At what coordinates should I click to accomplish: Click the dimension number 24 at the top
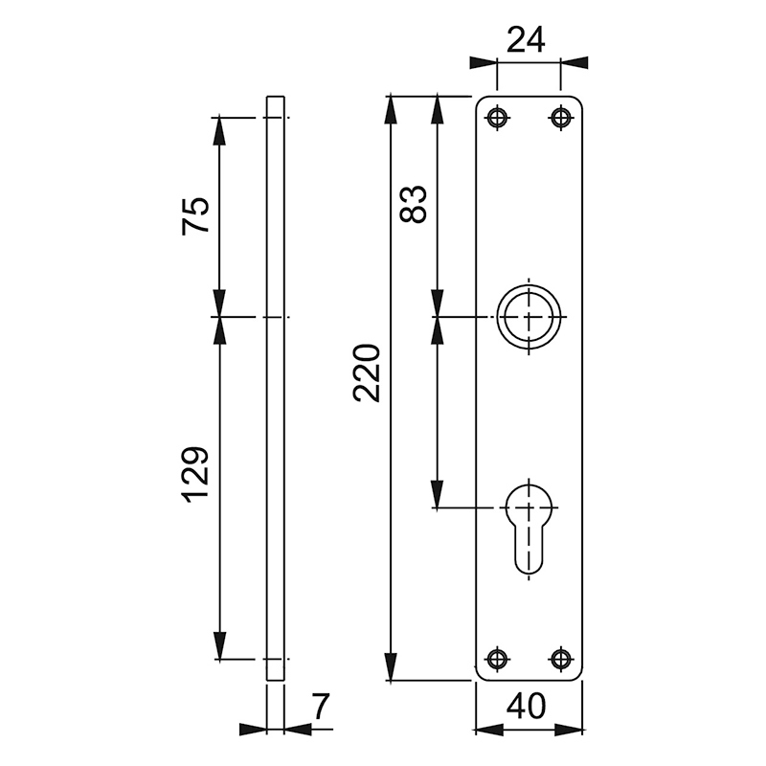point(525,39)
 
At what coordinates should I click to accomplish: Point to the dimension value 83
point(413,203)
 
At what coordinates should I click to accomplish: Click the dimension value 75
point(194,215)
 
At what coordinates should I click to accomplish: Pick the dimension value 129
point(194,473)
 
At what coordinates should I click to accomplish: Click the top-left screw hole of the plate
point(496,118)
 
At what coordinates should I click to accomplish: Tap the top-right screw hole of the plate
point(560,118)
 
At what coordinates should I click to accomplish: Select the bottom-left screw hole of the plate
point(496,658)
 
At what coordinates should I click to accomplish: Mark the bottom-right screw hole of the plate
point(560,658)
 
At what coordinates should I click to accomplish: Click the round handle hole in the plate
point(528,317)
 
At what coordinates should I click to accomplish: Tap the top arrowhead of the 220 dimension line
point(391,107)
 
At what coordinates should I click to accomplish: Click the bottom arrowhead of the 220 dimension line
point(391,667)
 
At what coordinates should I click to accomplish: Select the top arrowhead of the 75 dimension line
point(220,129)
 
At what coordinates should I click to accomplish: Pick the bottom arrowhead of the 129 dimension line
point(220,647)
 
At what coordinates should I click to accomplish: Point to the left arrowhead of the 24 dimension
point(484,62)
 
